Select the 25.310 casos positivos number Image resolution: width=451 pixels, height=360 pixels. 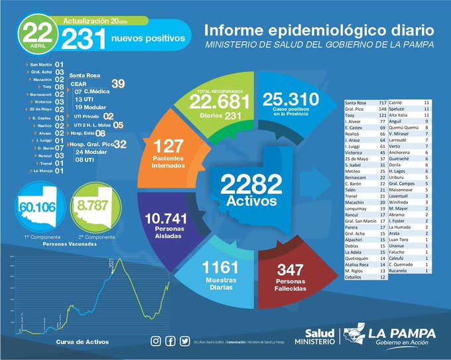coord(290,99)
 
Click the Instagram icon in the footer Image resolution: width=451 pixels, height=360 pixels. coord(156,341)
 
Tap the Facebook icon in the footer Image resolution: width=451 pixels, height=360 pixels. coord(170,341)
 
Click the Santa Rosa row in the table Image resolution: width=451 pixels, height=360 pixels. coord(365,104)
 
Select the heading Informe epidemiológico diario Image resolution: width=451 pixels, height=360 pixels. coord(320,30)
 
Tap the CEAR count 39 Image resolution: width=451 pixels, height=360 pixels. coord(118,84)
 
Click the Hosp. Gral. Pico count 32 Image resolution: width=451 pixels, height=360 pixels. coord(120,143)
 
